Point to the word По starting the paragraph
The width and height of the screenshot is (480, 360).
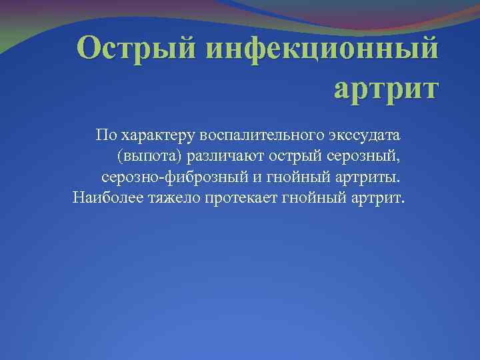coord(105,135)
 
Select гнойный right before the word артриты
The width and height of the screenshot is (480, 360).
coord(289,178)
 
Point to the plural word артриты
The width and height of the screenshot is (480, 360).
coord(365,178)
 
